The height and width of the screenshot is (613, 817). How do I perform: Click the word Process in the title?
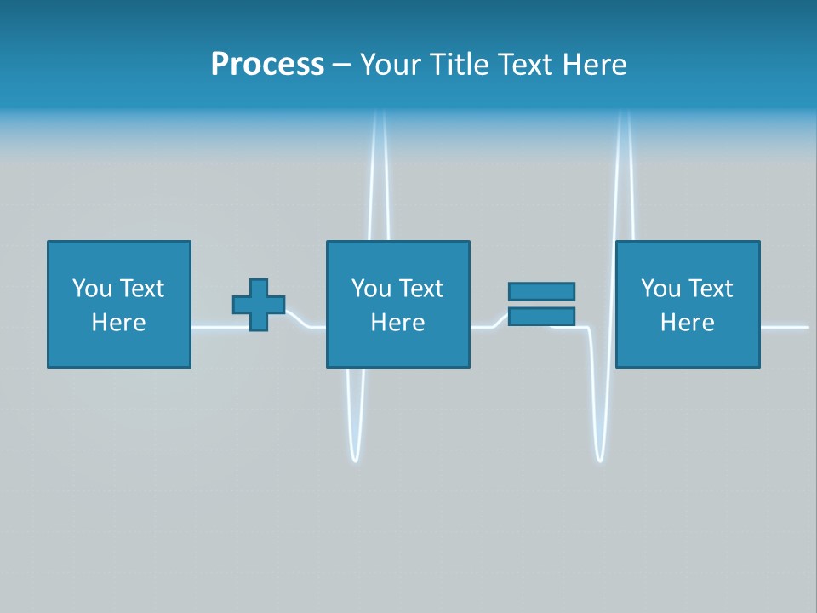[267, 65]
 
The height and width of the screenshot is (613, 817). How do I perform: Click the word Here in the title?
[595, 65]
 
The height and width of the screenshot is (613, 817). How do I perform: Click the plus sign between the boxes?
[259, 305]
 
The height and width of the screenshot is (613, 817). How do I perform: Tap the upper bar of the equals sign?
[541, 291]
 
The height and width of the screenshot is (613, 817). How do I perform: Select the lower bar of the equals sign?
[541, 317]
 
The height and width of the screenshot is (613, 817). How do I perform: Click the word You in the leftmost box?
[92, 289]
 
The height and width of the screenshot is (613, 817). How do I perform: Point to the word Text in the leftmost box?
[140, 289]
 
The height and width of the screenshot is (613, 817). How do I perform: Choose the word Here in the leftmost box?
[118, 323]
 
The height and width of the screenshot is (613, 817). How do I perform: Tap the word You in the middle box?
[371, 289]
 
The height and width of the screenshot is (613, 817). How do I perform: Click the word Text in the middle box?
[420, 289]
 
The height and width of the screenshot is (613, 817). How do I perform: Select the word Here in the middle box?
[397, 323]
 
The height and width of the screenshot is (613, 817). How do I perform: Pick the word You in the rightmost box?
[660, 289]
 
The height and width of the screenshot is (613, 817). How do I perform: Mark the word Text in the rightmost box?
[709, 289]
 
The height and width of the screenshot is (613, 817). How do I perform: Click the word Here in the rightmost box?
[687, 323]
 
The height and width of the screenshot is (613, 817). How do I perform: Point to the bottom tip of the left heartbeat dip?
[355, 460]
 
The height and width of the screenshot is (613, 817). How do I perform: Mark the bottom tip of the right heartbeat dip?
[600, 460]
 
